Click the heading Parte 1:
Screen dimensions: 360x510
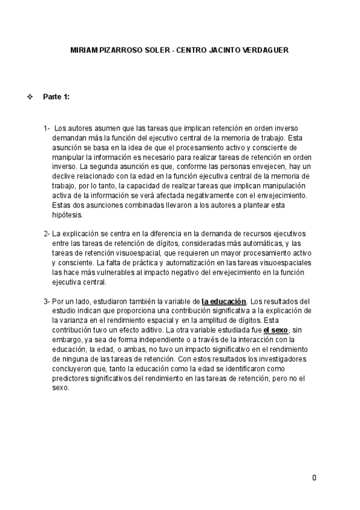pos(56,97)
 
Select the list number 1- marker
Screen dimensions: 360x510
pos(47,128)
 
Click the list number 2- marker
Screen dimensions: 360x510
pos(46,233)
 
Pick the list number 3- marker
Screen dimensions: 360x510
pos(46,301)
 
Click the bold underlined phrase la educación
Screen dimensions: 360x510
pos(224,301)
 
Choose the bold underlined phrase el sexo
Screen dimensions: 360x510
pos(275,330)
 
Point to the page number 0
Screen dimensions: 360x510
pos(314,478)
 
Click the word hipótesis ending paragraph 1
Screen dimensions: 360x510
pos(69,215)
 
